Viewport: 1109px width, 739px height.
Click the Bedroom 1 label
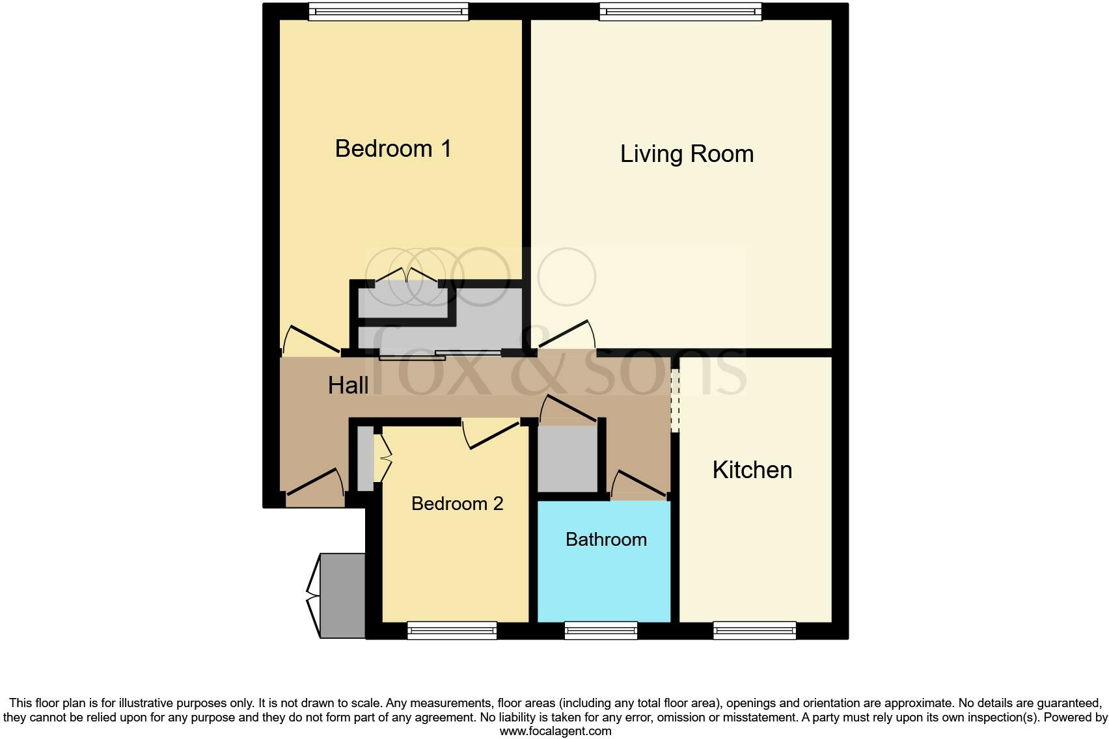point(393,149)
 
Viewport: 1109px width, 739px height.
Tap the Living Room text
point(687,154)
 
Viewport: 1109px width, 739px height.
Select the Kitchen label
point(752,470)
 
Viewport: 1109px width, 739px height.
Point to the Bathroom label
point(606,539)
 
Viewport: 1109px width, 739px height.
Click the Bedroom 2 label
point(457,504)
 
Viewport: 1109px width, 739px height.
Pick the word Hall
point(348,385)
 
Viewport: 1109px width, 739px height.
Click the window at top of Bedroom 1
point(388,11)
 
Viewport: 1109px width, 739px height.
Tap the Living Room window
point(680,11)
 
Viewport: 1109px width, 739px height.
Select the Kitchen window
point(754,630)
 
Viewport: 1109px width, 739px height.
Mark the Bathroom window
point(600,630)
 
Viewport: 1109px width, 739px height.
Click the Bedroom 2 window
point(452,630)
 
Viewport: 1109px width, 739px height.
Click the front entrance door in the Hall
point(315,485)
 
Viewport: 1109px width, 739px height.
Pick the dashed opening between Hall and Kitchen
point(675,401)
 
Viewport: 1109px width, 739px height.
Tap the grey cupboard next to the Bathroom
point(567,459)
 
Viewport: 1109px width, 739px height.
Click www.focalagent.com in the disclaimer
point(555,731)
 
